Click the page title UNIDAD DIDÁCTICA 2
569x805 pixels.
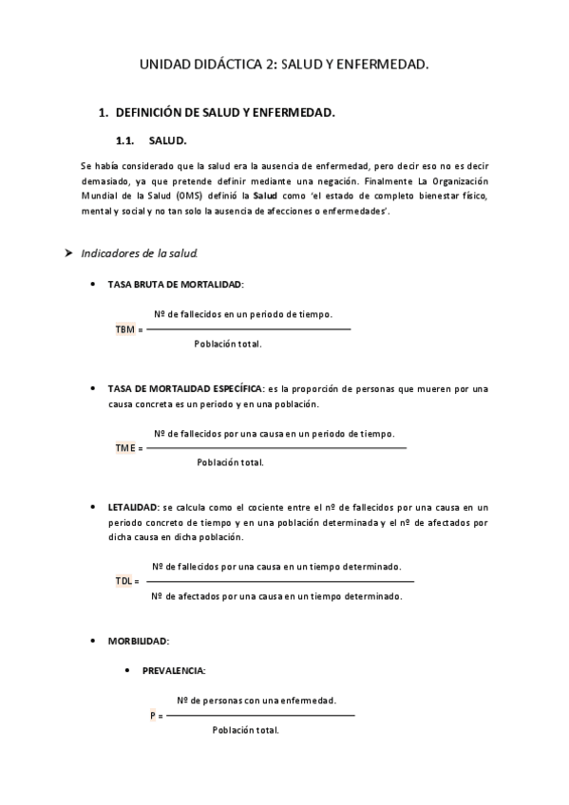click(283, 66)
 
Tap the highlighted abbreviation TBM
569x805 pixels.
click(124, 328)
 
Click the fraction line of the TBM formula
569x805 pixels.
click(248, 328)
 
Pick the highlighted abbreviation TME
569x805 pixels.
click(124, 447)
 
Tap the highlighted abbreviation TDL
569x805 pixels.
click(123, 580)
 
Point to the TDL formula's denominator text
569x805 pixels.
click(276, 596)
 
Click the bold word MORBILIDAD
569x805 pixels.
click(138, 641)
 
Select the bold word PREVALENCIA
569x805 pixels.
click(173, 670)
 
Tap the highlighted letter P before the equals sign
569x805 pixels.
click(153, 715)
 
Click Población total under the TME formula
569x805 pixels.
click(230, 462)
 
